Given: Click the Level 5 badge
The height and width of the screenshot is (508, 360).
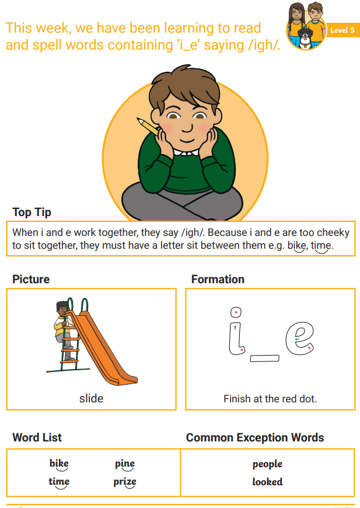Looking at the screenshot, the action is point(342,30).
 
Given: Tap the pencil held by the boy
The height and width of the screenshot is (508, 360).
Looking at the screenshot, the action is point(148,127).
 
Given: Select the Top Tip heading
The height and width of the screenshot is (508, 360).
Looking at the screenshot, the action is point(32,212).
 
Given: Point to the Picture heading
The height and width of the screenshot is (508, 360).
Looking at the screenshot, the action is point(31,279).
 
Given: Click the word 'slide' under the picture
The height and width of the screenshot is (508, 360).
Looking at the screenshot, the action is point(91,398).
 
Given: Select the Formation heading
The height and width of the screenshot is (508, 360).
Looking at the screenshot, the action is point(218,279).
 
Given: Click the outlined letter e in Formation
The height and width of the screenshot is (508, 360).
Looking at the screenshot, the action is point(299,337).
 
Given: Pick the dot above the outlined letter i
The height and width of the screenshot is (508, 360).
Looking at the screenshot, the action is point(236,312).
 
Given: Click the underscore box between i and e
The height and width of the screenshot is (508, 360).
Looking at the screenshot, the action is point(264,359).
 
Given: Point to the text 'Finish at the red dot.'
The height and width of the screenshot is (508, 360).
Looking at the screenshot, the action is point(270,398).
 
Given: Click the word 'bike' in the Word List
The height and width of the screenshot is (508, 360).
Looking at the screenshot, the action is point(59,463).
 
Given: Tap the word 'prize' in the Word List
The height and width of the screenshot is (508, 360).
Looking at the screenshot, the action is point(125,482).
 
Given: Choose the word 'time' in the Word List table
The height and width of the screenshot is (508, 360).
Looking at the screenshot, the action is point(59,482).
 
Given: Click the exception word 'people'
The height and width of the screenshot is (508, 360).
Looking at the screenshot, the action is point(267,464).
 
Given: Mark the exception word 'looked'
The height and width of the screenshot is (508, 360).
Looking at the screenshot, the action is point(267,482).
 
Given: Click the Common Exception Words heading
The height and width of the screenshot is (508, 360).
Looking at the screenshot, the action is point(255,437).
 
